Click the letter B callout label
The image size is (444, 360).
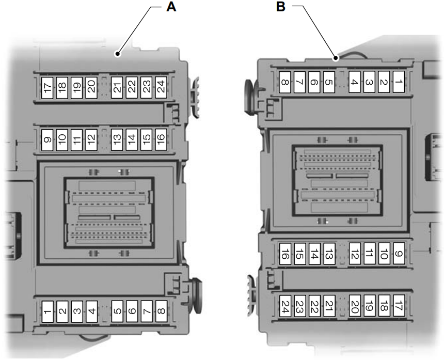[281, 7]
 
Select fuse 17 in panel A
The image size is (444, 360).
[47, 86]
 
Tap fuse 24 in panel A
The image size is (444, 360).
[161, 86]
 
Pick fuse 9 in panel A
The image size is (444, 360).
[47, 139]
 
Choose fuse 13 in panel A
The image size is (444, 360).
[118, 139]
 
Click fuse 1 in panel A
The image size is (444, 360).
[47, 311]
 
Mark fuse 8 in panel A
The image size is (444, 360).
[161, 311]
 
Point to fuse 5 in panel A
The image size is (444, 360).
[118, 311]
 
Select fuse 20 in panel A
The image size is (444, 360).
[91, 86]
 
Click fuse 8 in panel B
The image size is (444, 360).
[284, 82]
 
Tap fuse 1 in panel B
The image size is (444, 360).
[398, 82]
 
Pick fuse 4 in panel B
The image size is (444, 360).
[354, 82]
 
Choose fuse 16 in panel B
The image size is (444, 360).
[284, 254]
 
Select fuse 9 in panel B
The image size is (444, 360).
[398, 254]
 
